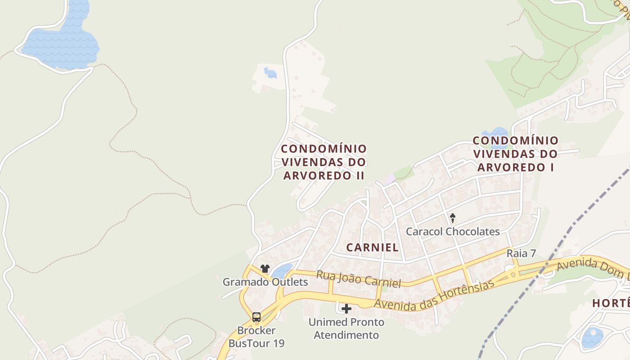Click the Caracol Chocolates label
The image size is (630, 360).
[453, 232]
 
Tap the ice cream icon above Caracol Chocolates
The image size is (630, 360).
[453, 218]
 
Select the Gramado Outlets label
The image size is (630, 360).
[265, 282]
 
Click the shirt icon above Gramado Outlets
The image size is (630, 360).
[265, 269]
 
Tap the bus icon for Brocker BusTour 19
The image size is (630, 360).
[256, 317]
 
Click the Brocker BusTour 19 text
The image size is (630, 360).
[256, 337]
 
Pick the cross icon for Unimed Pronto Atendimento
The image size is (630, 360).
[346, 309]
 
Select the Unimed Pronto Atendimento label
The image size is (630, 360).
[346, 328]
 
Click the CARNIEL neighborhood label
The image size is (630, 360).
[373, 247]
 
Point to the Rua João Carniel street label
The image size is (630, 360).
[358, 279]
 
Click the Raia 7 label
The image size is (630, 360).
[521, 253]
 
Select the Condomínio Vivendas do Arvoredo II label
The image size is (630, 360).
[324, 162]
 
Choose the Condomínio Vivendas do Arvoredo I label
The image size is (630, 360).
[515, 154]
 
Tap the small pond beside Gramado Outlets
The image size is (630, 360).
[282, 271]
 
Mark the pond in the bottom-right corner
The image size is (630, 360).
[592, 337]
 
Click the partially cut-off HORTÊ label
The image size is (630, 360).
[611, 303]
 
